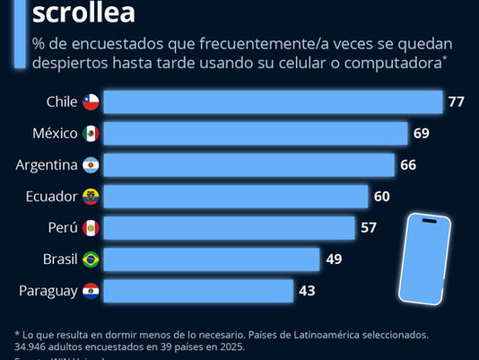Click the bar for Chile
[x=274, y=101]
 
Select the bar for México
[x=256, y=134]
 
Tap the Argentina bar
[x=249, y=165]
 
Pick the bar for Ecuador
[x=236, y=197]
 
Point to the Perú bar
[x=230, y=228]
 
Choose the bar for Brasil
[x=212, y=259]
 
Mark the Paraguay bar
[x=198, y=291]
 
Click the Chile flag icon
[x=91, y=102]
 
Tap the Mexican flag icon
[x=91, y=134]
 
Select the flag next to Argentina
[x=91, y=165]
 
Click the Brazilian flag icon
[x=91, y=259]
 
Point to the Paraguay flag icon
[x=91, y=291]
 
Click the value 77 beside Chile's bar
[x=456, y=102]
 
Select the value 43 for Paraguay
[x=307, y=291]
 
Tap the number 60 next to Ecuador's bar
[x=381, y=197]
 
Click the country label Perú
[x=63, y=228]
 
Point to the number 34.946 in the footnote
[x=34, y=346]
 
